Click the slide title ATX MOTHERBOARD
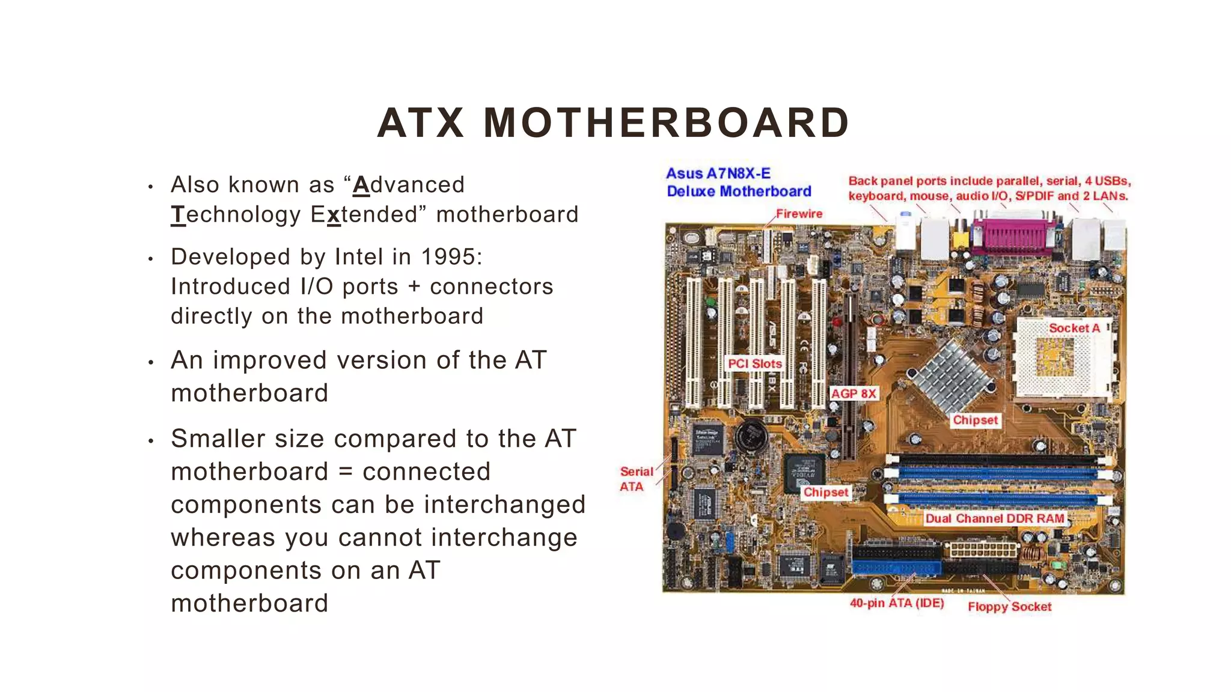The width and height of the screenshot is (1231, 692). click(x=613, y=123)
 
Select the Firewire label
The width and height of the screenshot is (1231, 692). click(x=799, y=214)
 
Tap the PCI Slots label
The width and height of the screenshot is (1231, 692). click(x=755, y=363)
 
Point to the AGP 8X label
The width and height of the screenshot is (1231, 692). click(x=854, y=393)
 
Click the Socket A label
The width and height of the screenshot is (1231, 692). click(x=1074, y=328)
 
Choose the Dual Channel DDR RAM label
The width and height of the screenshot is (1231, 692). click(x=994, y=518)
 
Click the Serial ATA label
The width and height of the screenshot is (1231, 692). click(x=635, y=479)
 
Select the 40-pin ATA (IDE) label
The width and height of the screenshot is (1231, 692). click(x=897, y=603)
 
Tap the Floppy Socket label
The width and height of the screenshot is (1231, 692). click(x=1009, y=607)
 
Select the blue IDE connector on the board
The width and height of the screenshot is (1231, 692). click(x=896, y=568)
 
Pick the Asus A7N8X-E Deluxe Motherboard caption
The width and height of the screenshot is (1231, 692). click(x=739, y=183)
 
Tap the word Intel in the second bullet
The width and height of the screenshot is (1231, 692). click(x=359, y=257)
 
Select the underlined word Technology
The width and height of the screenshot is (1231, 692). click(x=236, y=214)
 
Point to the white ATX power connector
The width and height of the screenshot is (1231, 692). click(x=983, y=549)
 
